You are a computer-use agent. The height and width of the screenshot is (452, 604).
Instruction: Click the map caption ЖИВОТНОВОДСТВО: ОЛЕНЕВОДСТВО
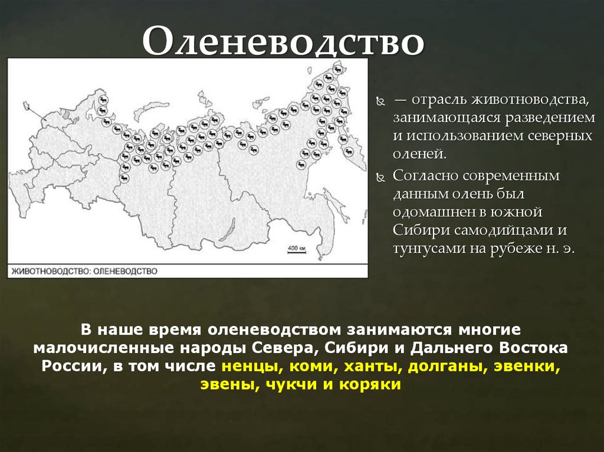(84, 271)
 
